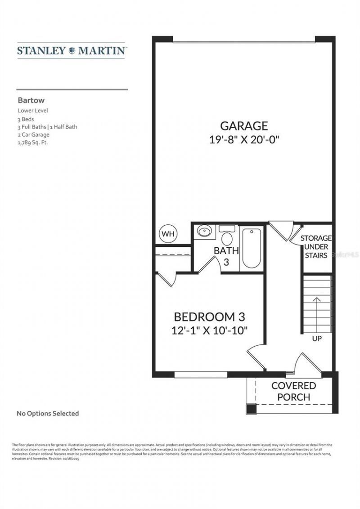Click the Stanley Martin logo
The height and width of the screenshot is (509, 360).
72,50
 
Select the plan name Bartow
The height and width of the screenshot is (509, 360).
31,101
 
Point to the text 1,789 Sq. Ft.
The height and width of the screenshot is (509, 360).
33,142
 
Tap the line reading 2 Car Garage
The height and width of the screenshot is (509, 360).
34,134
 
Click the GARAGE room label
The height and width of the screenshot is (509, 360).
244,126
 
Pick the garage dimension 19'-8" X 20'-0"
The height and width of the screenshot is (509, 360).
244,139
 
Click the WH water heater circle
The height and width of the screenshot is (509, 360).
168,234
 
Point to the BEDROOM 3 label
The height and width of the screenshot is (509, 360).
209,317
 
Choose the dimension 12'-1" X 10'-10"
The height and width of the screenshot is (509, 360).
210,330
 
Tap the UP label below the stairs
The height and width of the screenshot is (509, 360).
317,339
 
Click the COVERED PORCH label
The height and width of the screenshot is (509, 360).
293,391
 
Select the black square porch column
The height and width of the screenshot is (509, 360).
251,409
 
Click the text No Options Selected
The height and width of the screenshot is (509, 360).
48,413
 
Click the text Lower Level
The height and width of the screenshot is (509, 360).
33,111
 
